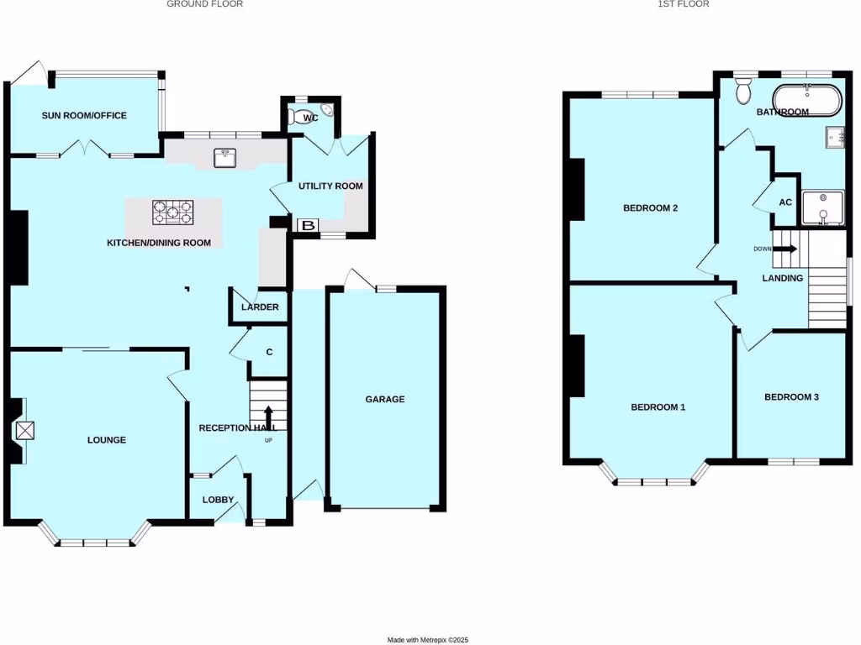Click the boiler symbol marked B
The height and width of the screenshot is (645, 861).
click(x=309, y=225)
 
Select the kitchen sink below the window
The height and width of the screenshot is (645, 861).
click(x=224, y=155)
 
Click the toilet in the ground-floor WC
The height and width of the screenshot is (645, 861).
click(x=298, y=117)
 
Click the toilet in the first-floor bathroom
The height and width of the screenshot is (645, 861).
click(x=742, y=91)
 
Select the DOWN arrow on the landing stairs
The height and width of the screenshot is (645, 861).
click(x=785, y=248)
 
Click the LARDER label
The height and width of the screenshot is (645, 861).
click(x=260, y=307)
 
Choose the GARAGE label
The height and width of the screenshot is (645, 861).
click(x=384, y=399)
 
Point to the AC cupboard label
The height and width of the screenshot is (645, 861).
click(x=785, y=202)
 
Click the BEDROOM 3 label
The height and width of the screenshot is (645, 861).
click(x=791, y=397)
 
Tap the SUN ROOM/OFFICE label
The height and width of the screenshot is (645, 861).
click(x=84, y=115)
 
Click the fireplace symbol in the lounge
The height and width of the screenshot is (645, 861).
click(x=25, y=431)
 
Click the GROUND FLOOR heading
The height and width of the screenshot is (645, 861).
click(x=204, y=4)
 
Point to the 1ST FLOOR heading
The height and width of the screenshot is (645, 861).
click(x=684, y=4)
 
